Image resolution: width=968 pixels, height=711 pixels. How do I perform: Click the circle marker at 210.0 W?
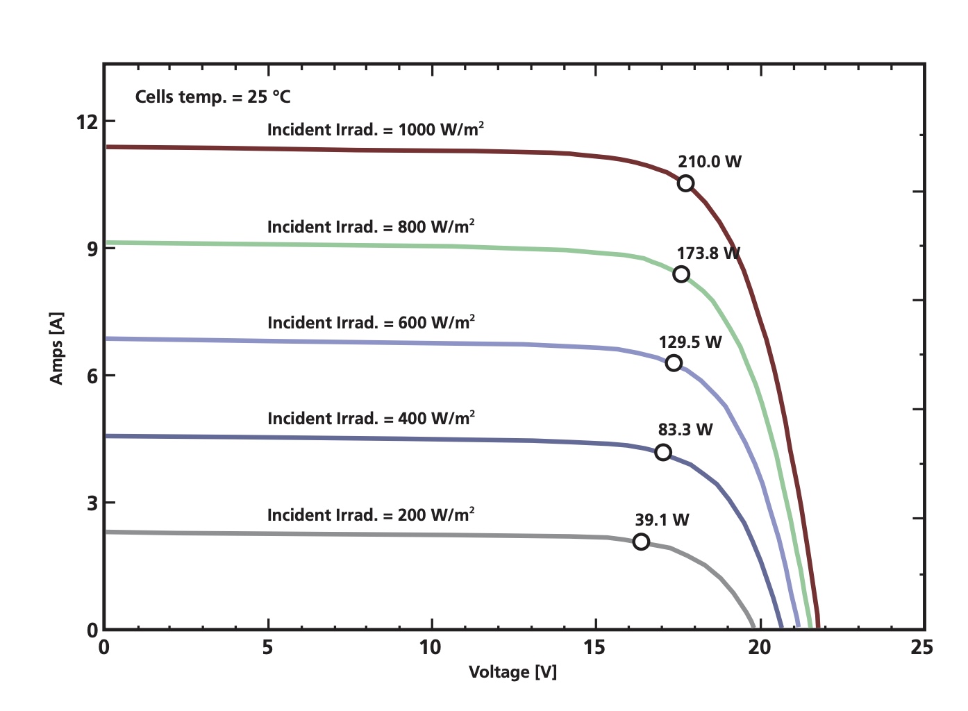(685, 183)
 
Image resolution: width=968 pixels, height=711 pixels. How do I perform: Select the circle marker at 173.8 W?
(681, 274)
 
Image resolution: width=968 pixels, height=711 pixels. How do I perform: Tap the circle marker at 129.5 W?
(673, 363)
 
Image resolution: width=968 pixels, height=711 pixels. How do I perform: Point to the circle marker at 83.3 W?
(663, 453)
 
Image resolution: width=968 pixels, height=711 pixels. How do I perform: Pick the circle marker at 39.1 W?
(641, 542)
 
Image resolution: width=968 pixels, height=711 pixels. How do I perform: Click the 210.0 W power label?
(709, 162)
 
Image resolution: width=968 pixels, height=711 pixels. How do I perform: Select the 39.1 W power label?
(662, 520)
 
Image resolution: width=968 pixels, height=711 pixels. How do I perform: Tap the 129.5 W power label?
(690, 342)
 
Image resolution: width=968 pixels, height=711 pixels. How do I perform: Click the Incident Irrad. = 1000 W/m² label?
(375, 130)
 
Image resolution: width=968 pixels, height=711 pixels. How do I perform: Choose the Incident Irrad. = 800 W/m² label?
(371, 227)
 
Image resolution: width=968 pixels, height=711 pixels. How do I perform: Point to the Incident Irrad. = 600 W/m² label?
(371, 323)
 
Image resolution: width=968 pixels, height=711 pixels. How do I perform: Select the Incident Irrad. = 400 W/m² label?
(371, 419)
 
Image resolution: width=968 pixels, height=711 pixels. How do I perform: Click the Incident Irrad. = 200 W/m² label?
(371, 515)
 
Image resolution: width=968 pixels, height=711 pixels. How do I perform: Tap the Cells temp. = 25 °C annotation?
(212, 97)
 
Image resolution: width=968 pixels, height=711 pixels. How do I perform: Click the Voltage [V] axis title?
(512, 672)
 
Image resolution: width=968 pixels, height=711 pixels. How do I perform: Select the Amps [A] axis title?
(56, 348)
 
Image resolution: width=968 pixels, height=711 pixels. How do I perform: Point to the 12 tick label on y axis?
(87, 122)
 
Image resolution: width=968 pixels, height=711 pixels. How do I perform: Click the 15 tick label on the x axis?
(594, 648)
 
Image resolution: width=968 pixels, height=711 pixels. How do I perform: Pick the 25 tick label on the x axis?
(922, 648)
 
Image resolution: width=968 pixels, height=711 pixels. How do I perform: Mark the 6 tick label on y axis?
(92, 376)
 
